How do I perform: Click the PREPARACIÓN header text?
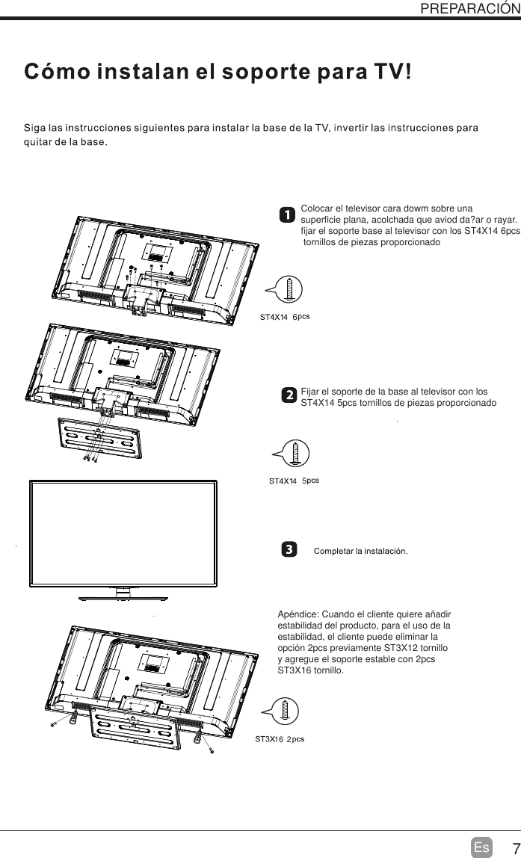469,8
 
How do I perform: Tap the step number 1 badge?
287,215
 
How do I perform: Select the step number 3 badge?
287,551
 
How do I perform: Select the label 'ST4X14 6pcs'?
284,317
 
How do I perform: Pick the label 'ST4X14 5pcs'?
294,481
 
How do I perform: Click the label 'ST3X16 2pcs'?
279,739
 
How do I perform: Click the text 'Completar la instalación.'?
360,552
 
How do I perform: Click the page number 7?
511,848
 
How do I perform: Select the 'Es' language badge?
482,848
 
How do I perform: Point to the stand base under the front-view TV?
123,597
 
